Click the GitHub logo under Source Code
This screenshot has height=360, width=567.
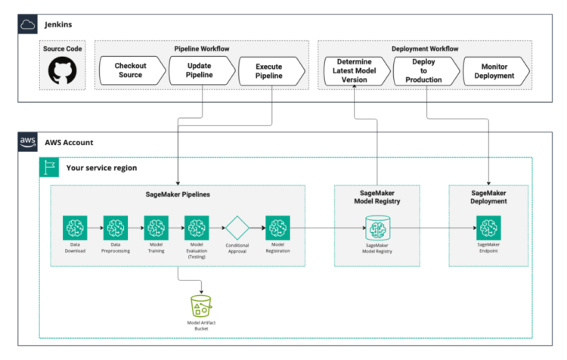coord(64,72)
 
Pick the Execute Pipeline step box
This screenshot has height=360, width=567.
coord(270,72)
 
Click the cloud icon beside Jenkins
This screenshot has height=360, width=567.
coord(28,24)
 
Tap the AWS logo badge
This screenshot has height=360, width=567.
coord(28,141)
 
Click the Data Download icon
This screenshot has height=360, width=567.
coord(74,227)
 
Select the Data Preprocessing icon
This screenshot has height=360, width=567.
coord(115,227)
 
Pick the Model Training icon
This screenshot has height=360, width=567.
coord(156,227)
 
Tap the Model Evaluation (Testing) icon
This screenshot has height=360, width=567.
coord(197,227)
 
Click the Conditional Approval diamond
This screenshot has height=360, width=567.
coord(237,227)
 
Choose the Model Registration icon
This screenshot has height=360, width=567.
coord(277,227)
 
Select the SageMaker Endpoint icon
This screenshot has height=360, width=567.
coord(488,227)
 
